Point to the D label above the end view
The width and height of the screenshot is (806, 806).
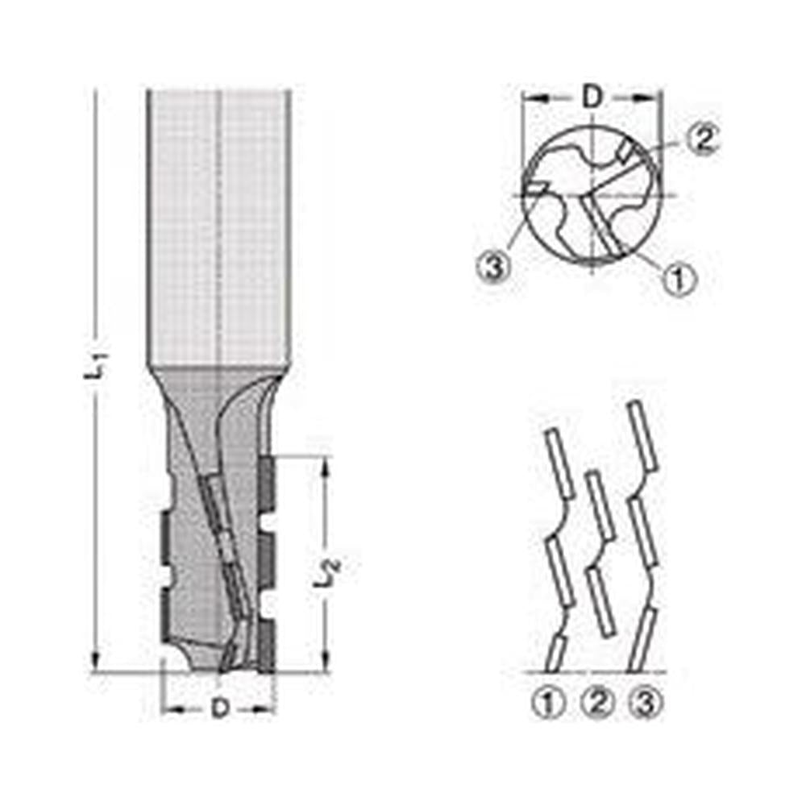(592, 98)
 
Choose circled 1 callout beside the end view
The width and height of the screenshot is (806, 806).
(679, 279)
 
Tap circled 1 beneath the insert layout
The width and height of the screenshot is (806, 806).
(549, 703)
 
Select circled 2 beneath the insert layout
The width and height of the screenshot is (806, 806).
(597, 703)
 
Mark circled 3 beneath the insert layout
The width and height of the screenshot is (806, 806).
(645, 703)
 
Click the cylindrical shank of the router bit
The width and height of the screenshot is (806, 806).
(219, 226)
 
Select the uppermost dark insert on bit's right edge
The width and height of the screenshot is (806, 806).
(267, 484)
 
